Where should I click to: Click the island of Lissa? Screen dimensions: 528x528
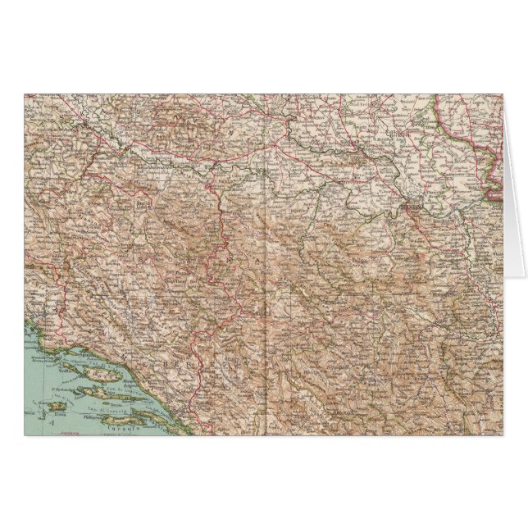[x=57, y=406]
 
